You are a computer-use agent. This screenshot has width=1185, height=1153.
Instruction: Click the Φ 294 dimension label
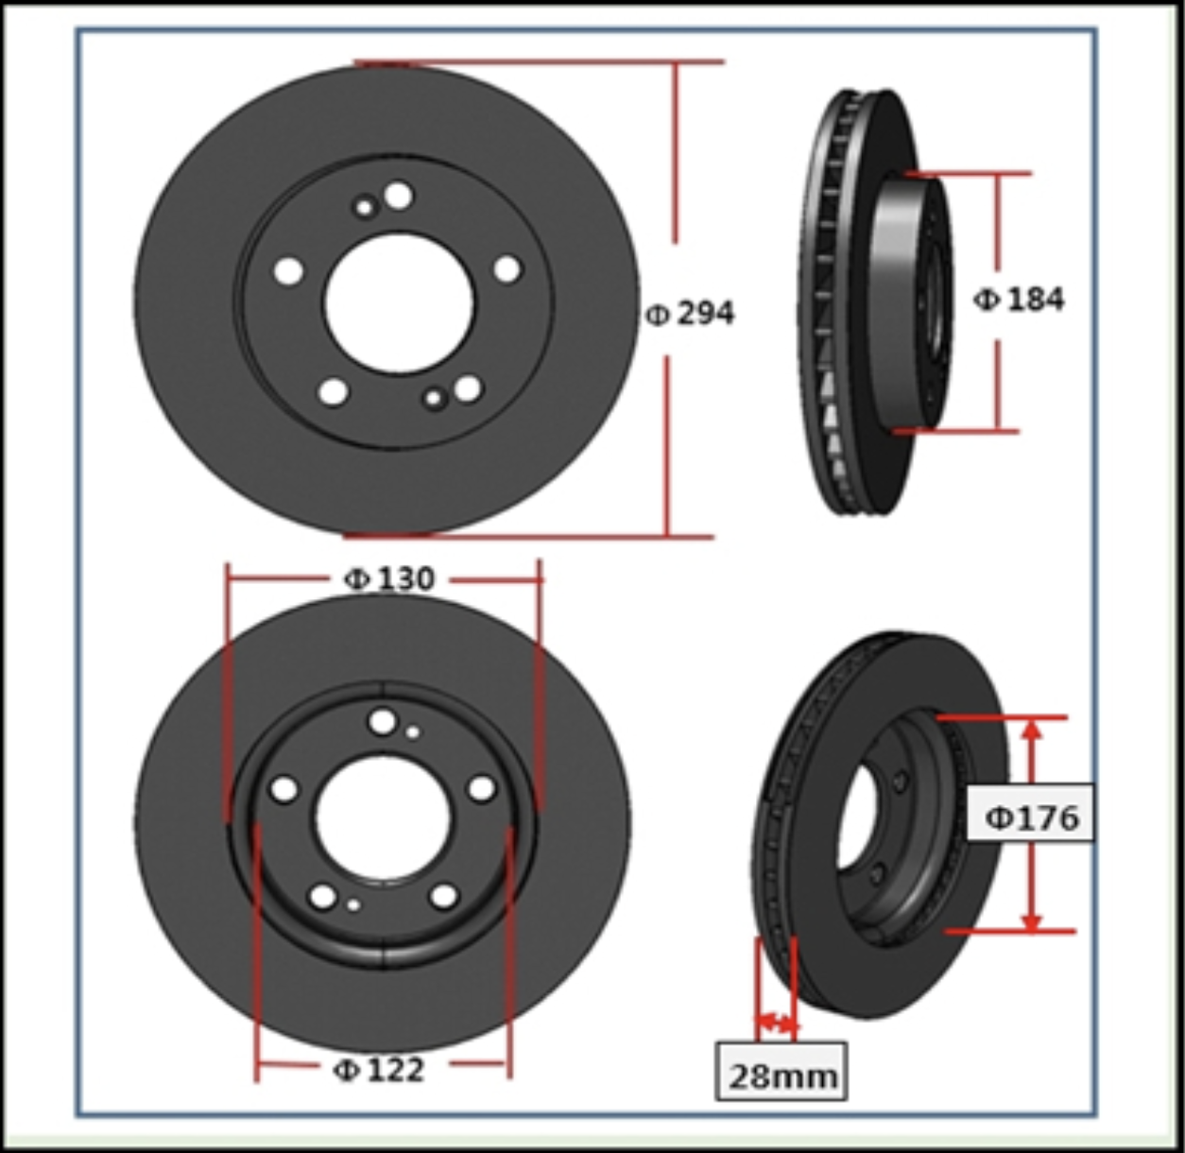point(690,314)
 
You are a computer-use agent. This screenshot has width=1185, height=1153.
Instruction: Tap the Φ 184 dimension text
point(1019,300)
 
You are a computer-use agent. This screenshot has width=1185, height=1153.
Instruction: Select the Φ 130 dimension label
point(389,578)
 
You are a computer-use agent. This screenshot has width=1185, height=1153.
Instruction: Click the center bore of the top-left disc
point(399,302)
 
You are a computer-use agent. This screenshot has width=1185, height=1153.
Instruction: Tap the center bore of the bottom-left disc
point(383,818)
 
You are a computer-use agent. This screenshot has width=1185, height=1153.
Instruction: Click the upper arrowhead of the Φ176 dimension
point(1030,730)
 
